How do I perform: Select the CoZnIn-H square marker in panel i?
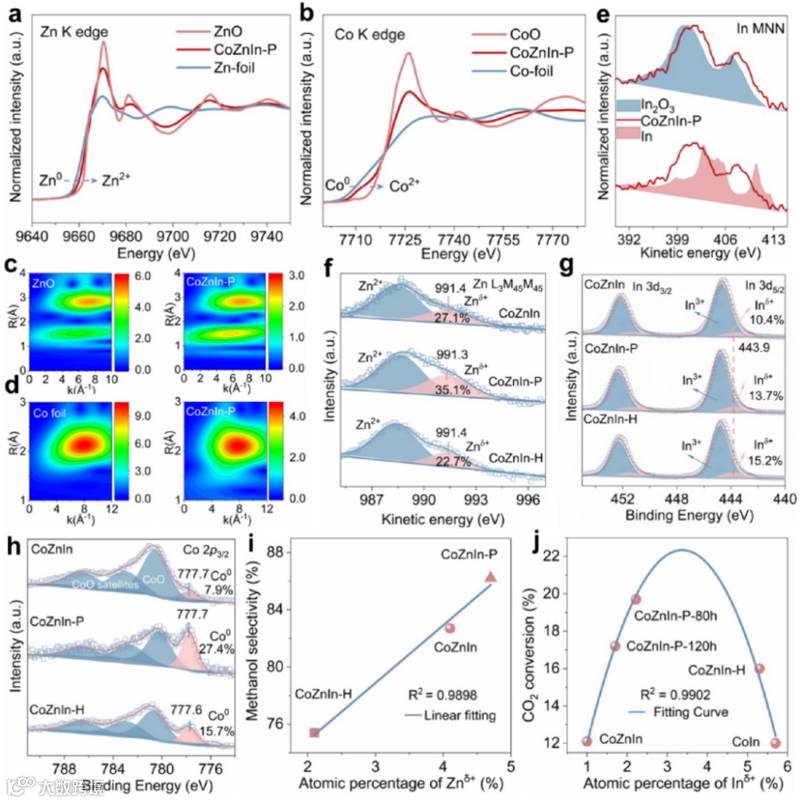[x=314, y=733]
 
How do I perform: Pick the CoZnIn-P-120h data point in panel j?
[x=615, y=646]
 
